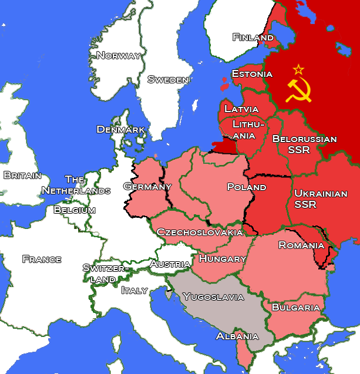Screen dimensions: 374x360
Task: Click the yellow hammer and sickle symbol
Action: coord(298,90)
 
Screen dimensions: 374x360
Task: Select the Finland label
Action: coord(253,38)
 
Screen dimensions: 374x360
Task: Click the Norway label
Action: coord(119,56)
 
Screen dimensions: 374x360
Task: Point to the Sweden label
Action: coord(168,80)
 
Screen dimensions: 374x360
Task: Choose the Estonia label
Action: coord(252,74)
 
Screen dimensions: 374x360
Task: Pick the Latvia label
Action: coord(241,109)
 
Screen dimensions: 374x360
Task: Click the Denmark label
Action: coord(121,129)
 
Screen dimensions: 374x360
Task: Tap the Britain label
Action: coord(22,175)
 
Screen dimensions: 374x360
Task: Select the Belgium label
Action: coord(75,210)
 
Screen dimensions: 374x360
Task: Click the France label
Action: coord(42,259)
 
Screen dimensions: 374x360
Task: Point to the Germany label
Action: coord(147,187)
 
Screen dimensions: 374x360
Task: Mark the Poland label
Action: coord(247,187)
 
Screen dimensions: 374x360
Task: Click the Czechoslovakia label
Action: coord(200,233)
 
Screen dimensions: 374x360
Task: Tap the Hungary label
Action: coord(223,258)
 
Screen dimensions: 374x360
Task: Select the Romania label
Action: coord(301,245)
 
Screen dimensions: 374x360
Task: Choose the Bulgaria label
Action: coord(296,308)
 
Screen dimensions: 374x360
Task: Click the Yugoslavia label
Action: coord(213,297)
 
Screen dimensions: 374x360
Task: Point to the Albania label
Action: coord(237,336)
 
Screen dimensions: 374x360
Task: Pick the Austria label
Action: coord(170,264)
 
